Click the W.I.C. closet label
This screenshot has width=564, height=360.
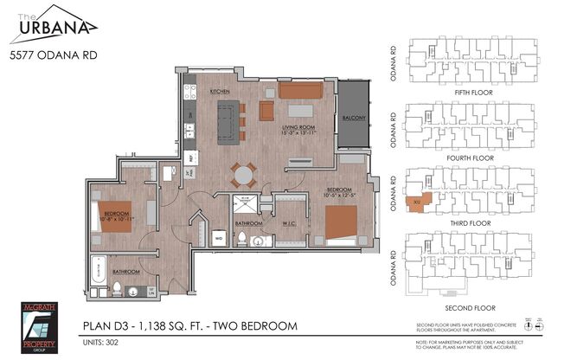click(290, 223)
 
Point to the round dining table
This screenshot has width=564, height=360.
click(244, 174)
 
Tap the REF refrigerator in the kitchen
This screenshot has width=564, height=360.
click(190, 157)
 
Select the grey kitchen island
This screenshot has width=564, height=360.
click(227, 120)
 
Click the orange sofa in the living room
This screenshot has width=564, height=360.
click(300, 92)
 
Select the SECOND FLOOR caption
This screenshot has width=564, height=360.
click(468, 307)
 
